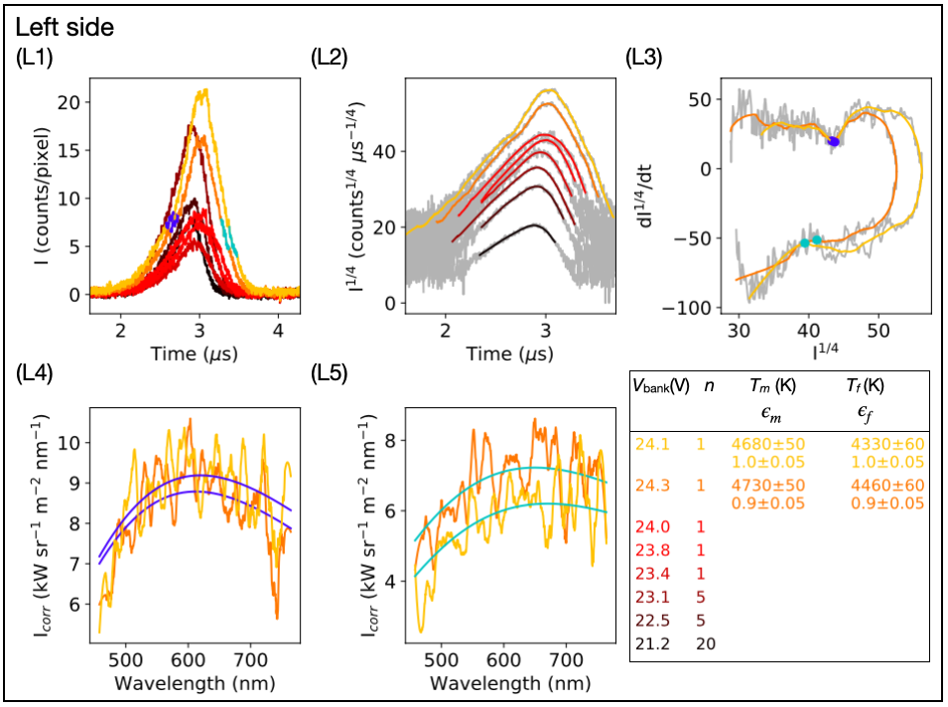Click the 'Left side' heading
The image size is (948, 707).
(x=65, y=27)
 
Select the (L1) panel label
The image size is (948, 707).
(x=37, y=58)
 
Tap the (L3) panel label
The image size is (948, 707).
(x=644, y=58)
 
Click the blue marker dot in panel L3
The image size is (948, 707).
(x=834, y=142)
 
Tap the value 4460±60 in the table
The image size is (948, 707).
(x=888, y=487)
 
